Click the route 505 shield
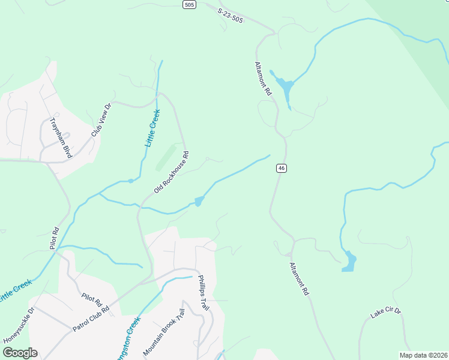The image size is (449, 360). click(190, 5)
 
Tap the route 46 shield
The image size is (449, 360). click(281, 168)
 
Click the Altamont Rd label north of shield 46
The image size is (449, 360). click(264, 79)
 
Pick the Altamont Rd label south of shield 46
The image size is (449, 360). click(298, 278)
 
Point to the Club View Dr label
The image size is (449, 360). click(101, 119)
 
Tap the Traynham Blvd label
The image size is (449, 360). click(61, 137)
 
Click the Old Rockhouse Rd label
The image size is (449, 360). click(171, 172)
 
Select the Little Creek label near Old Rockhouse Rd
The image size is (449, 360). click(153, 128)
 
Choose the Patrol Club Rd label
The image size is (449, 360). click(91, 319)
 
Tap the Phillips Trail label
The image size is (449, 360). click(203, 293)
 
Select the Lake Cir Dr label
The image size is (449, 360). click(385, 313)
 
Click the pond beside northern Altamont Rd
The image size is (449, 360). click(285, 88)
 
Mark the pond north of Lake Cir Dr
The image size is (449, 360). click(349, 262)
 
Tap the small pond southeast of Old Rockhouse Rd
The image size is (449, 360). click(198, 202)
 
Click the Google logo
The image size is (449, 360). click(20, 353)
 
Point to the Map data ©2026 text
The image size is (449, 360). click(423, 355)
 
